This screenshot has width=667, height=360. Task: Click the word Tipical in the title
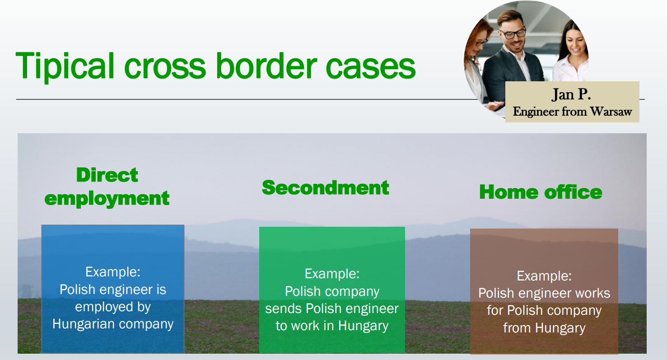pyautogui.click(x=65, y=66)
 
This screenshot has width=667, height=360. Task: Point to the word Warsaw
pyautogui.click(x=611, y=112)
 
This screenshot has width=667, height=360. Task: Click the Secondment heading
pyautogui.click(x=326, y=187)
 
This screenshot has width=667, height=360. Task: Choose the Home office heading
pyautogui.click(x=541, y=192)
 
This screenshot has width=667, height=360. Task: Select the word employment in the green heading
pyautogui.click(x=107, y=199)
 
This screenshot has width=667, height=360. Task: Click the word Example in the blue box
pyautogui.click(x=113, y=271)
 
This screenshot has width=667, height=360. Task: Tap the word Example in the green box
pyautogui.click(x=332, y=274)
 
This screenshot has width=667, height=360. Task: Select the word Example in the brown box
pyautogui.click(x=544, y=276)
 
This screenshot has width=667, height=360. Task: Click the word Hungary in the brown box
pyautogui.click(x=560, y=328)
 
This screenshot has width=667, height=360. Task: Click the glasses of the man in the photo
pyautogui.click(x=513, y=33)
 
